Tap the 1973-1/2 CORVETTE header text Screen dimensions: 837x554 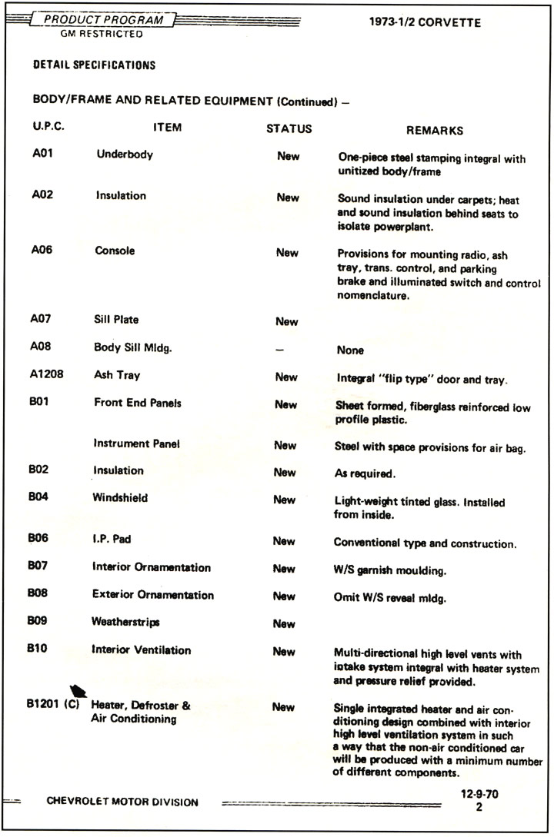point(425,22)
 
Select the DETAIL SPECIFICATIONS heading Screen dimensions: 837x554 point(94,65)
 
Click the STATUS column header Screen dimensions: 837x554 point(289,128)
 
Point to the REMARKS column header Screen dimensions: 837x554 point(435,130)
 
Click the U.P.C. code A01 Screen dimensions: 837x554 point(42,154)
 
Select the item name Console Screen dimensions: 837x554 point(115,251)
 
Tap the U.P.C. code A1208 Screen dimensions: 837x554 point(47,377)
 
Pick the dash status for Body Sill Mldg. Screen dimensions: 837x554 point(279,349)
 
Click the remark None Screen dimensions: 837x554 point(350,350)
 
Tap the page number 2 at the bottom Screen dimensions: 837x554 point(478,809)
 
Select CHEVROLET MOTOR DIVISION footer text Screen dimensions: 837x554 point(122,802)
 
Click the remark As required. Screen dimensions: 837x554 point(364,473)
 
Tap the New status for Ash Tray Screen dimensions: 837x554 point(285,377)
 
